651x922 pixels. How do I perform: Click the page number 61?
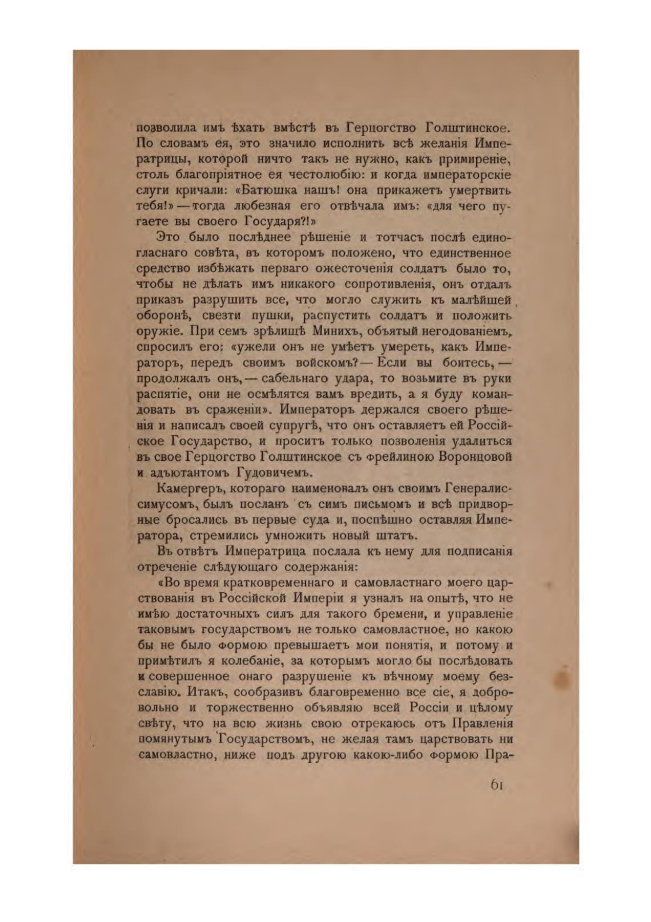coord(496,785)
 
